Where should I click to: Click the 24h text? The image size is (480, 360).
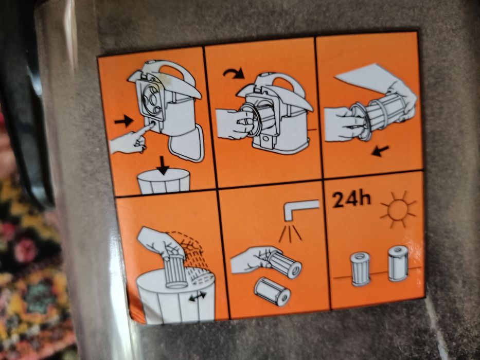click(x=351, y=200)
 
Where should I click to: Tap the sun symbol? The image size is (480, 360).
click(x=397, y=210)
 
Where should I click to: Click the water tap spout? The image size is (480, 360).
click(x=301, y=208)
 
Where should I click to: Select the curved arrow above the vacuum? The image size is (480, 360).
click(x=234, y=74)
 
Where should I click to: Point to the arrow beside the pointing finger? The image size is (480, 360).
click(x=123, y=121)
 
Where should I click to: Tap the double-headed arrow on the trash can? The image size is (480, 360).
click(x=198, y=296)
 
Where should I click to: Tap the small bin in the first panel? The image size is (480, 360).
click(x=164, y=183)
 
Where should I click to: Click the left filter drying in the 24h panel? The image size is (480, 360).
click(x=360, y=268)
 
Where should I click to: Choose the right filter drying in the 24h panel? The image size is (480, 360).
click(x=398, y=263)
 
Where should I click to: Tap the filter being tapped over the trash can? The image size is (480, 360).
click(x=176, y=273)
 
